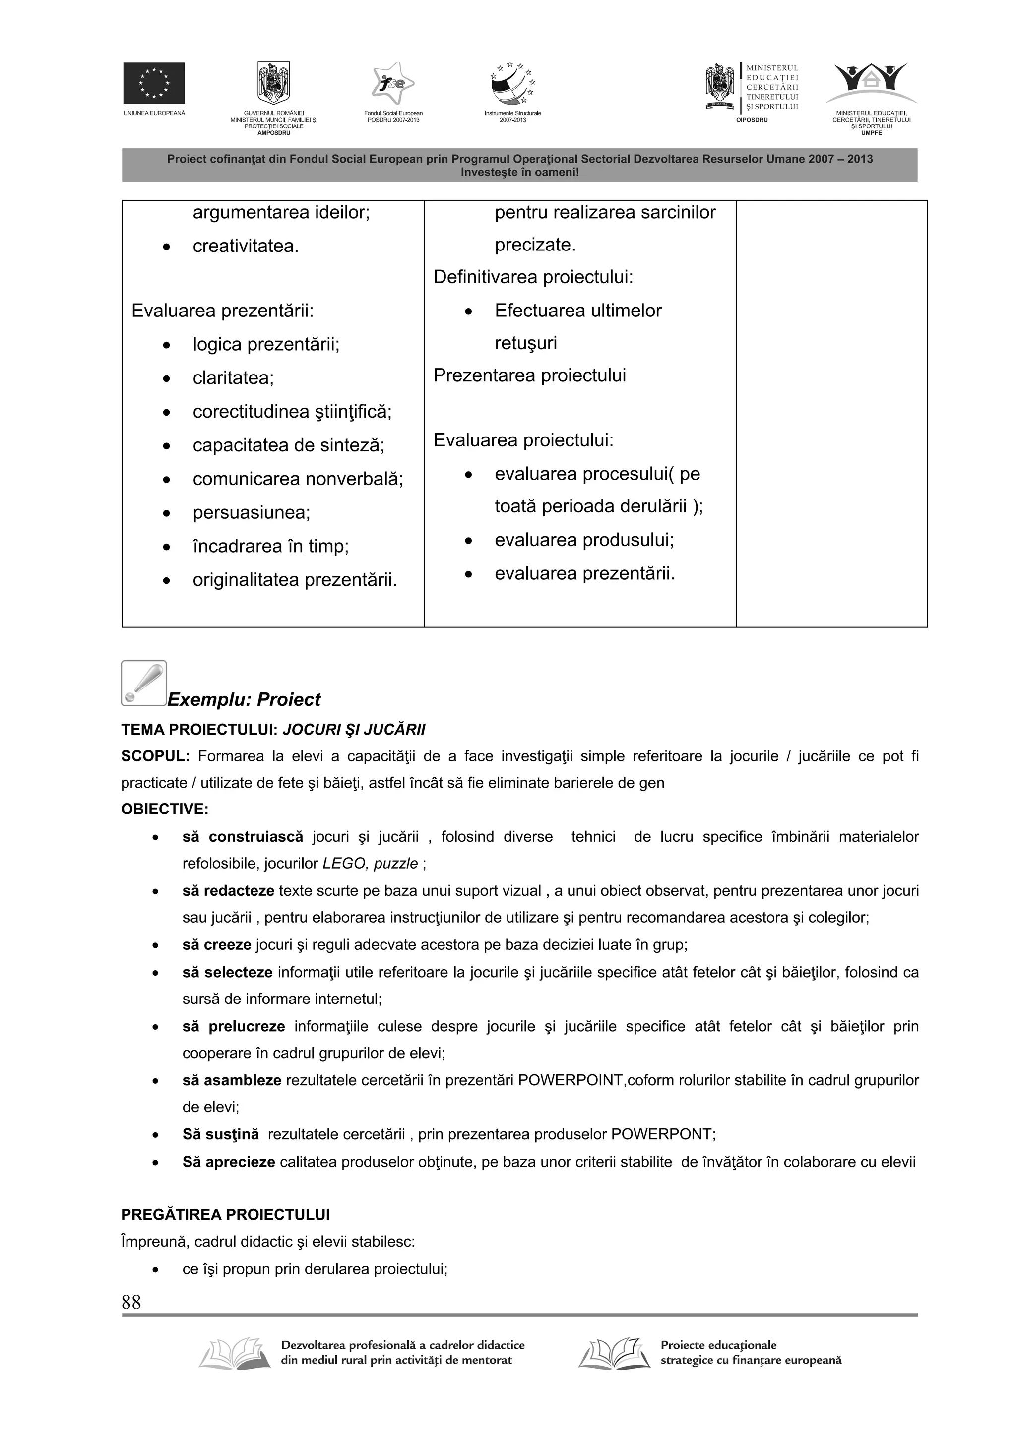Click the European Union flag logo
(153, 83)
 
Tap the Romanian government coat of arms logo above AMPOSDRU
(273, 83)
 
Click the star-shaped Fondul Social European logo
(392, 84)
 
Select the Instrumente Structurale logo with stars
(512, 84)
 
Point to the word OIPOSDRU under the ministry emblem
(751, 119)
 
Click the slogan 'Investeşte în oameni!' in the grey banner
(519, 172)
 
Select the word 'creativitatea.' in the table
(246, 246)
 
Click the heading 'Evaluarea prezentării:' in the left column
(222, 311)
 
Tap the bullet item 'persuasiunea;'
(251, 512)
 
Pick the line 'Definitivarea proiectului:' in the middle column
(533, 277)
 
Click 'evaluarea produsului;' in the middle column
(584, 540)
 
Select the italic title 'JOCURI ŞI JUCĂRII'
(354, 729)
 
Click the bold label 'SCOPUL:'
(155, 756)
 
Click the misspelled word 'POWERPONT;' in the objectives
(663, 1134)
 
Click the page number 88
(131, 1302)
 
